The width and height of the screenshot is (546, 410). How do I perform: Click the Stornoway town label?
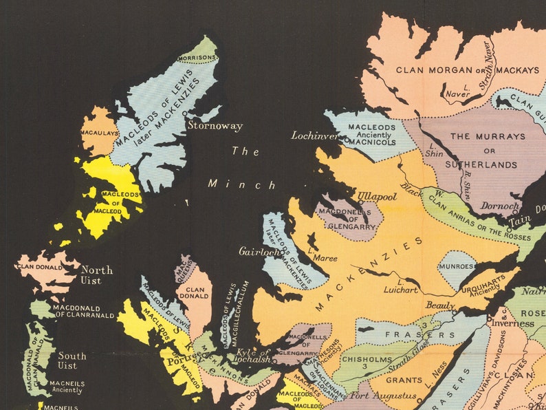(215, 127)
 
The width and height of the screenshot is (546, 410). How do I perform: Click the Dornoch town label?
(500, 206)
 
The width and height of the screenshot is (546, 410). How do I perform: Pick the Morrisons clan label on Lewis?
(197, 58)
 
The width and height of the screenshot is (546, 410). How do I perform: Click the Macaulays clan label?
(99, 132)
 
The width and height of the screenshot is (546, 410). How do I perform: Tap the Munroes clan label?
(457, 266)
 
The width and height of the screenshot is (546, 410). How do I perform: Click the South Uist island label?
(72, 360)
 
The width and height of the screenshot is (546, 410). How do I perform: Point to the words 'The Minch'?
(243, 168)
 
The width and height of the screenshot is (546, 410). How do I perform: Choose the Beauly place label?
(440, 305)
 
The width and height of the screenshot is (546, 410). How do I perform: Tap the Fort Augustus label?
(383, 396)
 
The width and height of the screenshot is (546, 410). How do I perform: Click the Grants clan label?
(406, 379)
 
